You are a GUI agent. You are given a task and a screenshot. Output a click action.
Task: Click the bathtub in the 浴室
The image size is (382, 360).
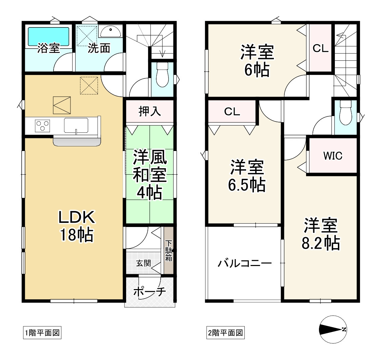click(x=48, y=37)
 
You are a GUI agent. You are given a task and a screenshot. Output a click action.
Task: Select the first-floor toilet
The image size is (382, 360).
click(x=162, y=75)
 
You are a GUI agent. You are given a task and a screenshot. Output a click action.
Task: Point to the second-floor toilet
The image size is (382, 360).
click(x=346, y=113)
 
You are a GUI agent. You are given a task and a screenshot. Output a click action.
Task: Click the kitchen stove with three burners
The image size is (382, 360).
click(x=43, y=126)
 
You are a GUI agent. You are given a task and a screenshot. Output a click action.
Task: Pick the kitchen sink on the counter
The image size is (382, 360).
click(x=76, y=125)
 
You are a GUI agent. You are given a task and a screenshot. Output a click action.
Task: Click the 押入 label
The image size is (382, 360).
click(x=149, y=112)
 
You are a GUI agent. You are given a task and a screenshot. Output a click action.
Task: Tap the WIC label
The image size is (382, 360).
click(x=333, y=156)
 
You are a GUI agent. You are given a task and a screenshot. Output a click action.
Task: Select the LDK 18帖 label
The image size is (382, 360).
click(x=77, y=226)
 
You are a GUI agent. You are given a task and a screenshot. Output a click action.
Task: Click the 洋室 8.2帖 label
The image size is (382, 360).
click(x=321, y=234)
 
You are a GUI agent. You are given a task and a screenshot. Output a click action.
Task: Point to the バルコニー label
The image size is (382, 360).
click(x=244, y=263)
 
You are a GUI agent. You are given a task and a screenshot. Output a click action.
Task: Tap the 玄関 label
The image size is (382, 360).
click(x=143, y=263)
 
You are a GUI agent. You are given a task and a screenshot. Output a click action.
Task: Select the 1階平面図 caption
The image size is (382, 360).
click(x=42, y=333)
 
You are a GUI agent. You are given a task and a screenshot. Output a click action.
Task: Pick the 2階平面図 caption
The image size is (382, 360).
click(x=225, y=333)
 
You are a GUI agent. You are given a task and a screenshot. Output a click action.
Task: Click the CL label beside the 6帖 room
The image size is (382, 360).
click(x=320, y=48)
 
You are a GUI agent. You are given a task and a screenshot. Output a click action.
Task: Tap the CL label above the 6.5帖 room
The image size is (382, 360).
click(x=232, y=112)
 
